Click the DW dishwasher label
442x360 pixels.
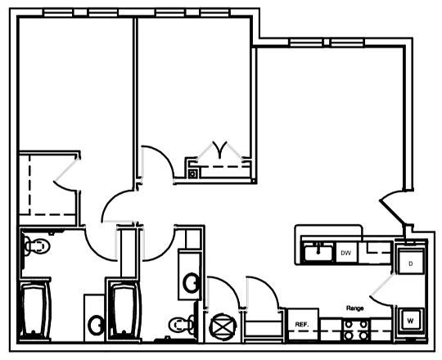click(x=346, y=253)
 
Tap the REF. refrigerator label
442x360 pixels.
click(x=302, y=325)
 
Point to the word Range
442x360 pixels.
click(x=355, y=308)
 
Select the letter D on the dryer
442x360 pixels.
click(x=411, y=264)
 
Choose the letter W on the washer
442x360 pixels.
click(x=410, y=321)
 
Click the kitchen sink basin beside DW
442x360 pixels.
click(x=318, y=254)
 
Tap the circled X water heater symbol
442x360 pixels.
click(x=223, y=327)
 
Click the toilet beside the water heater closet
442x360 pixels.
click(x=182, y=325)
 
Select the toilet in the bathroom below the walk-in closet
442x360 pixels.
click(x=37, y=246)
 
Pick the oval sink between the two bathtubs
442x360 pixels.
click(x=96, y=326)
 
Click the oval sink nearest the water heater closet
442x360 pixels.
click(x=192, y=283)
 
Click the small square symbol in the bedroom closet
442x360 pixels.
click(x=192, y=174)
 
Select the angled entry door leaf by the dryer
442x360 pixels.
click(x=392, y=213)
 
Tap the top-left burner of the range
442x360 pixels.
click(x=349, y=324)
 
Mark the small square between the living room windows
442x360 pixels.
click(x=327, y=43)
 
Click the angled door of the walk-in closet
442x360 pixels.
click(x=67, y=170)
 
